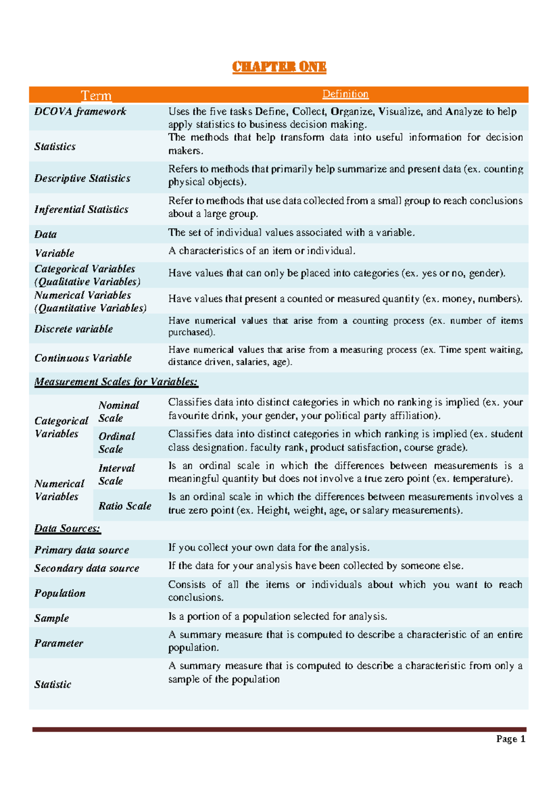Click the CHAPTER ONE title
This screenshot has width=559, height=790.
point(279,67)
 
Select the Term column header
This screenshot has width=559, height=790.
point(96,95)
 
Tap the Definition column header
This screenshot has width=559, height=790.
point(345,94)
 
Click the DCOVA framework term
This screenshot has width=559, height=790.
point(80,111)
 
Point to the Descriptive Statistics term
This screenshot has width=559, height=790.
point(82,178)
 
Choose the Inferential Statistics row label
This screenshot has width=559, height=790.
point(81,209)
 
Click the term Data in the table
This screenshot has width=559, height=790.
point(45,234)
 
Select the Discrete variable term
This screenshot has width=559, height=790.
point(74,329)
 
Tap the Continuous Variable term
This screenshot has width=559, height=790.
point(83,358)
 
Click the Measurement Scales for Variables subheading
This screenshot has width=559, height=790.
point(116,381)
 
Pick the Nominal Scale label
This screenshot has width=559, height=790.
point(118,411)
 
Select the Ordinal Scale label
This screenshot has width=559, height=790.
point(116,443)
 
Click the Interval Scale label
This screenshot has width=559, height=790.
point(116,474)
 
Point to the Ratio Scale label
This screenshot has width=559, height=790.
point(125,505)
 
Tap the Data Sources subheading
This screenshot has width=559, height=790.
point(68,528)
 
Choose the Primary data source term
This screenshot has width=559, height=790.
point(82,550)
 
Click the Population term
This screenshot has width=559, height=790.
point(60,593)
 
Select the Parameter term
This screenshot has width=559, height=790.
point(59,643)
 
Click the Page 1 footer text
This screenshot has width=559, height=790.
point(511,739)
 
